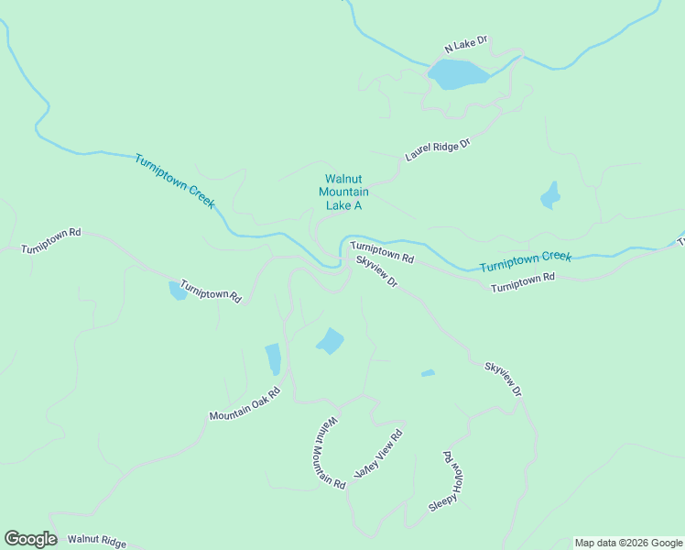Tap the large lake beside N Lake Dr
click(x=457, y=73)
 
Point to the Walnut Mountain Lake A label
click(x=343, y=192)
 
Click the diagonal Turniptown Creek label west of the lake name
click(x=175, y=181)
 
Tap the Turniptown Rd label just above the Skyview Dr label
click(x=382, y=252)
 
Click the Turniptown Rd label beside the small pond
click(x=211, y=291)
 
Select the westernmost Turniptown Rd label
click(x=51, y=240)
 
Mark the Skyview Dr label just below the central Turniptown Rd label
click(x=376, y=273)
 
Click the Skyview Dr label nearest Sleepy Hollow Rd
click(x=503, y=379)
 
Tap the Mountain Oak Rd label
click(x=244, y=404)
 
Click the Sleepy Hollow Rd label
click(x=448, y=482)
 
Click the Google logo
click(x=30, y=539)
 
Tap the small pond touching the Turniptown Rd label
click(x=177, y=291)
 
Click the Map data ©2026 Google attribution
click(x=628, y=543)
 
